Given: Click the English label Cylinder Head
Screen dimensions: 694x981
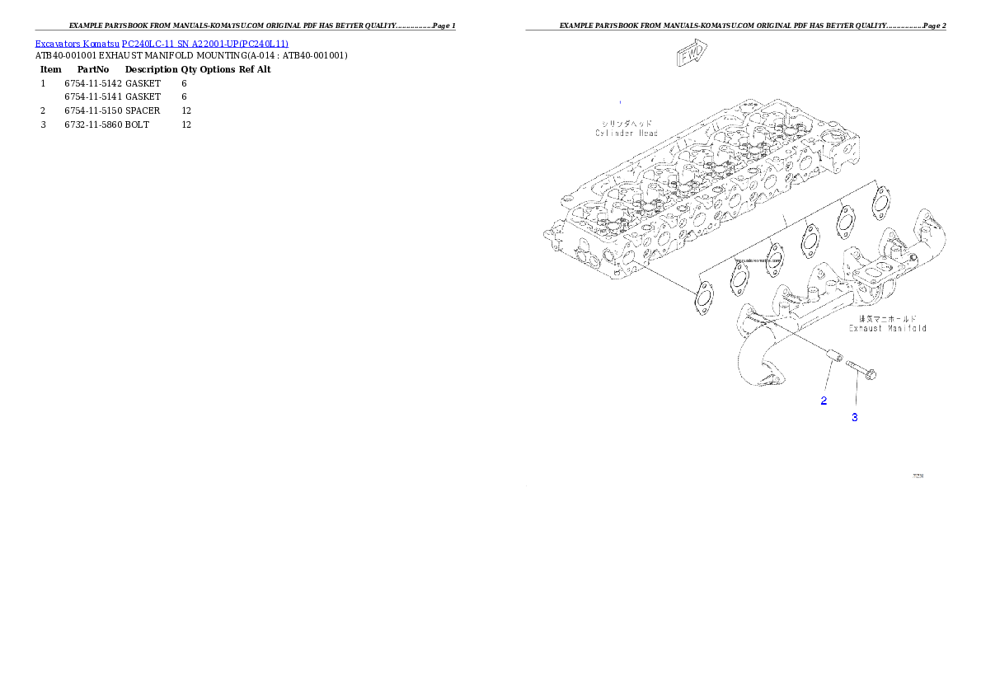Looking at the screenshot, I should click(627, 133).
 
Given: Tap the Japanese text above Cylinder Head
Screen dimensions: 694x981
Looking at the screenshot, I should click(627, 123).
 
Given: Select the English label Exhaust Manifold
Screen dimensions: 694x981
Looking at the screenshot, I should click(887, 328).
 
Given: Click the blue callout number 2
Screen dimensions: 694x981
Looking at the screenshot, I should click(824, 401).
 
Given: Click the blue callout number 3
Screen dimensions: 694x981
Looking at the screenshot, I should click(855, 418).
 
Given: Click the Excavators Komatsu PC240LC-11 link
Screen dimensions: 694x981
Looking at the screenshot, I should click(162, 44).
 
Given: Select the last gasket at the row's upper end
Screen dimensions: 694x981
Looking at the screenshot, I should click(880, 200).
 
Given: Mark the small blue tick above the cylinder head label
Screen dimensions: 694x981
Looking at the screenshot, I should click(620, 101).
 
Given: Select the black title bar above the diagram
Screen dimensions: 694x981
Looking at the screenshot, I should click(735, 30).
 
